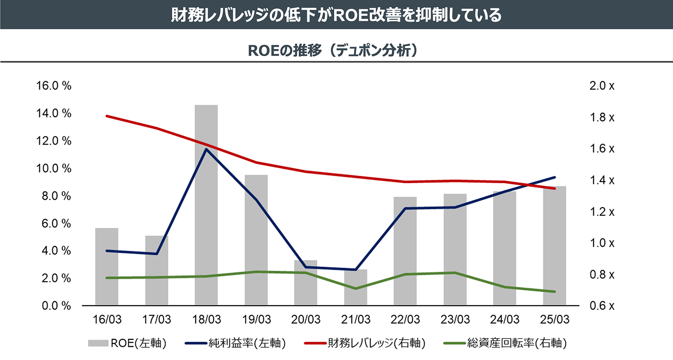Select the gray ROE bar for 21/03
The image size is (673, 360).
(x=355, y=288)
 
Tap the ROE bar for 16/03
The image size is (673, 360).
(x=106, y=267)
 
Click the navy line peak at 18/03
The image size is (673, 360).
(x=206, y=149)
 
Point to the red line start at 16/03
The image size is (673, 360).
(x=107, y=116)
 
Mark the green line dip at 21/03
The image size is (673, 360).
(x=355, y=288)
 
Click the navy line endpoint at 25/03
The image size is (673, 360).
(x=555, y=177)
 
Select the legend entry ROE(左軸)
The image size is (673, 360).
(x=128, y=343)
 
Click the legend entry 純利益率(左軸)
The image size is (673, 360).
(x=236, y=343)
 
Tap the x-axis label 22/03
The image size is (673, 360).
(x=405, y=320)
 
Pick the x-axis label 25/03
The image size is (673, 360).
(x=555, y=320)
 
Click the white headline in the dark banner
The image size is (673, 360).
(x=336, y=15)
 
